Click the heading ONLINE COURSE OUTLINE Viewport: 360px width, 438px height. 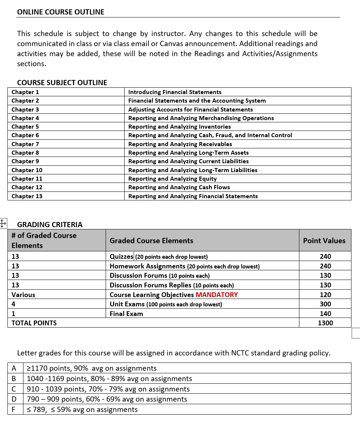[61, 12]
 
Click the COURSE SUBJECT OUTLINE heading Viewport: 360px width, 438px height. [62, 83]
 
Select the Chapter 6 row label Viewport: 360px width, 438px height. [25, 135]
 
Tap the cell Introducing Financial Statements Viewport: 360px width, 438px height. [175, 92]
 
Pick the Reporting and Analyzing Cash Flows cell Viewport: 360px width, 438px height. [179, 187]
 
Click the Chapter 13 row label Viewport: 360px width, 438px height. [27, 196]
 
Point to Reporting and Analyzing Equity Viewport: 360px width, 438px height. [172, 179]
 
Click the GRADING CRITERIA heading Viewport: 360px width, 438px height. [50, 225]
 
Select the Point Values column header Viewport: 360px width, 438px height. [324, 241]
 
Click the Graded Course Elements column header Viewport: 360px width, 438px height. [151, 241]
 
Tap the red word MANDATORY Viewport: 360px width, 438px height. [217, 295]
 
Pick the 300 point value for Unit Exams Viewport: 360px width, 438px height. [325, 304]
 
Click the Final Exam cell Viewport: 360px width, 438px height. [126, 314]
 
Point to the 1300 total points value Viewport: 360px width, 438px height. [325, 323]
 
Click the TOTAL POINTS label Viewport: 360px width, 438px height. [34, 323]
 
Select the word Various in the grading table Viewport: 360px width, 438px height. [23, 295]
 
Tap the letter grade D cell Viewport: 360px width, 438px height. [14, 399]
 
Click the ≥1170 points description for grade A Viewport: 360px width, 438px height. [92, 368]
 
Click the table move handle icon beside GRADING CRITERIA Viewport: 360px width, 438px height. [3, 223]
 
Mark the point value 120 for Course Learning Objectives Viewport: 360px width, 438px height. [325, 295]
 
